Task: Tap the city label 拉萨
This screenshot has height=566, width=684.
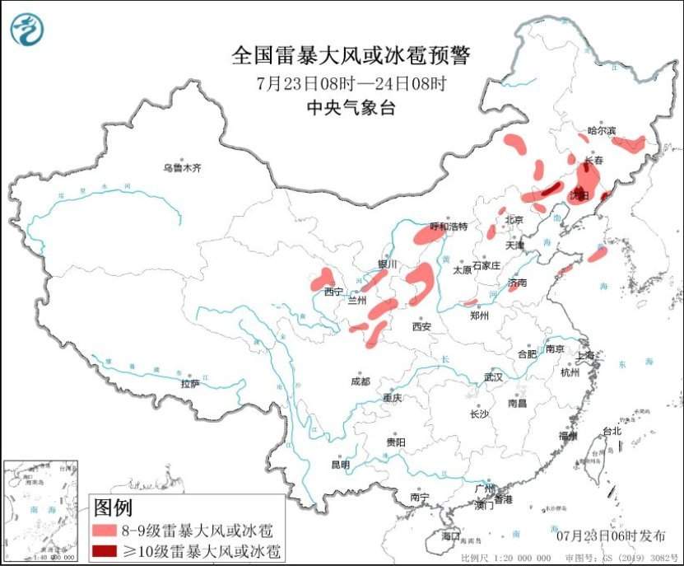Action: pos(190,383)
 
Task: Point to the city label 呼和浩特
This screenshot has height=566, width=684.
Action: pos(449,226)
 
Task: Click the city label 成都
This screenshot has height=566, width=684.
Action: pos(360,381)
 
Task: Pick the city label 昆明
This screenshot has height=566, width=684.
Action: pos(340,465)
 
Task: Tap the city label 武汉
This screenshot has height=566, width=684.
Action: pos(493,377)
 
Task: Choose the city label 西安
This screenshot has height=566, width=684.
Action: pos(421,326)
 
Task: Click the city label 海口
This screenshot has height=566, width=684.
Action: pos(450,536)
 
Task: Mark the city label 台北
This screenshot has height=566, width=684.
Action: pos(612,431)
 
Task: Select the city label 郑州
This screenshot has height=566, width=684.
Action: pos(479,316)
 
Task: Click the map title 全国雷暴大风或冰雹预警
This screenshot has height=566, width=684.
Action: pos(351,56)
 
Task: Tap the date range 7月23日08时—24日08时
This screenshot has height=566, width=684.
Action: pos(351,82)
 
